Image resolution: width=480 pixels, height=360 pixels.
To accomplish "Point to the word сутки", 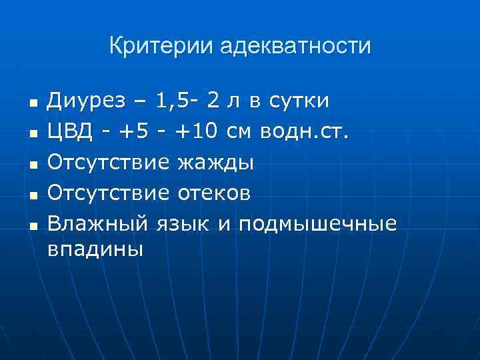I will point(299,101).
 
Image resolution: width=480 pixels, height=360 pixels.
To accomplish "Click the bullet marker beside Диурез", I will point(31,104).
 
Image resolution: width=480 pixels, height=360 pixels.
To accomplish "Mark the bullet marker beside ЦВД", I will point(31,134).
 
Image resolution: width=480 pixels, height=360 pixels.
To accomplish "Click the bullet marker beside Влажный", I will point(31,225).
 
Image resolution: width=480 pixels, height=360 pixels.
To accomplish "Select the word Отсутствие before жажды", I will point(109,162).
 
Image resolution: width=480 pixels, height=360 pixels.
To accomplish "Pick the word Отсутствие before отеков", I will point(109,193).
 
